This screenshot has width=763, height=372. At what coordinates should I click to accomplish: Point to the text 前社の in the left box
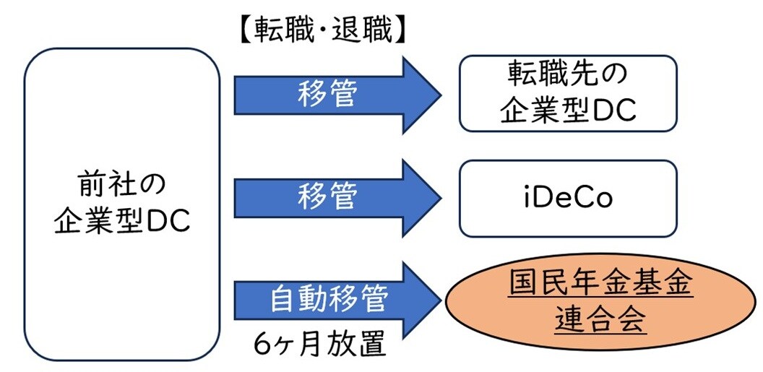(x=121, y=186)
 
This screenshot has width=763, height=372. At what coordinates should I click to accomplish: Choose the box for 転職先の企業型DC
(x=568, y=94)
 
